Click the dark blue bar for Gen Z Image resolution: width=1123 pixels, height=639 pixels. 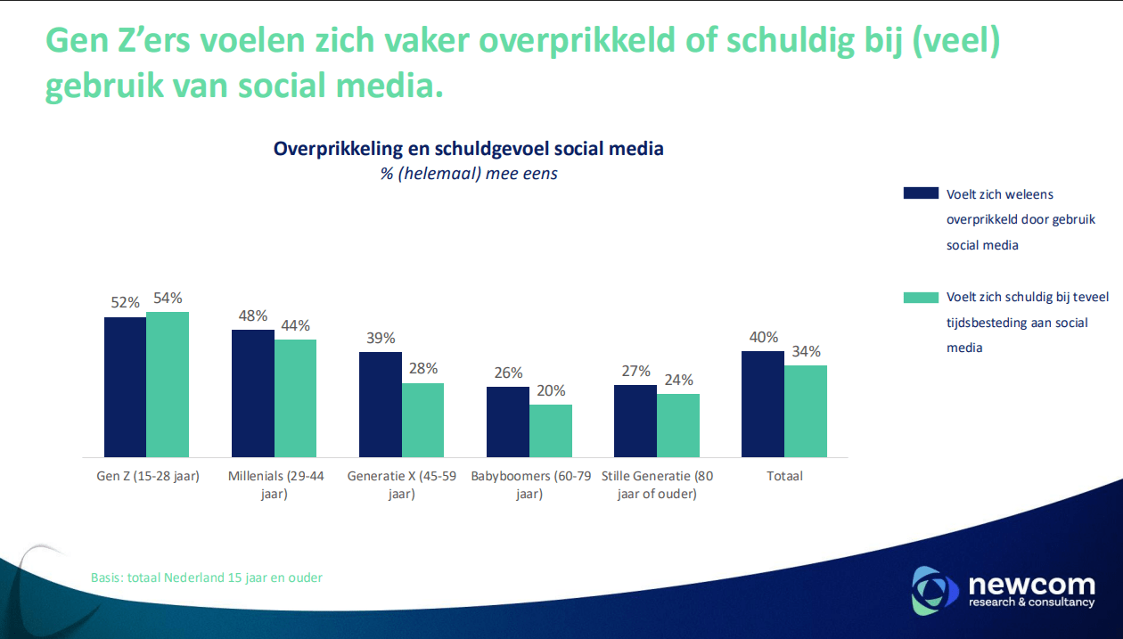125,387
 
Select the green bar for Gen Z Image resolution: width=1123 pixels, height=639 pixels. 168,384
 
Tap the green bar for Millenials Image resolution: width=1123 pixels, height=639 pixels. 295,397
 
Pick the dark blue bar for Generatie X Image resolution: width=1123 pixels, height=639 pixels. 381,404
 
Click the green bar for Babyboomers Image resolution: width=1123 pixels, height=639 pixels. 551,430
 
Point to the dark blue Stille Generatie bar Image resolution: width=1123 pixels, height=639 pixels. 635,421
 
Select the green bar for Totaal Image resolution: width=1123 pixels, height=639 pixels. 806,411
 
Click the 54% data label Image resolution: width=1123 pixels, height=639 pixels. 168,299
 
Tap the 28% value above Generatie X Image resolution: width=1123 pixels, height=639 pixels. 422,369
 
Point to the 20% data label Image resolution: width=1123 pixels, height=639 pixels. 550,391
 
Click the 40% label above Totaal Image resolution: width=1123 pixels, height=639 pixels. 763,338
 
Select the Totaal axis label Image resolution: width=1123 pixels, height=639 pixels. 784,476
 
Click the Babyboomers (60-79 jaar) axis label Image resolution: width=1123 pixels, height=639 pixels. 530,484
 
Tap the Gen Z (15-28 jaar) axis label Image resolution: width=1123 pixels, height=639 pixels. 148,476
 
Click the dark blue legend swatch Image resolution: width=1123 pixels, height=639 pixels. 921,193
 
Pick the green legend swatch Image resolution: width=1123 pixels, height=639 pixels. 921,298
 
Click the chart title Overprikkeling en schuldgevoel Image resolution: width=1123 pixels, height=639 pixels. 468,149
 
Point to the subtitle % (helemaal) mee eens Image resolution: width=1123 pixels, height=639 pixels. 469,174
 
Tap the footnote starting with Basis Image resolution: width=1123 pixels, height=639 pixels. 207,578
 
